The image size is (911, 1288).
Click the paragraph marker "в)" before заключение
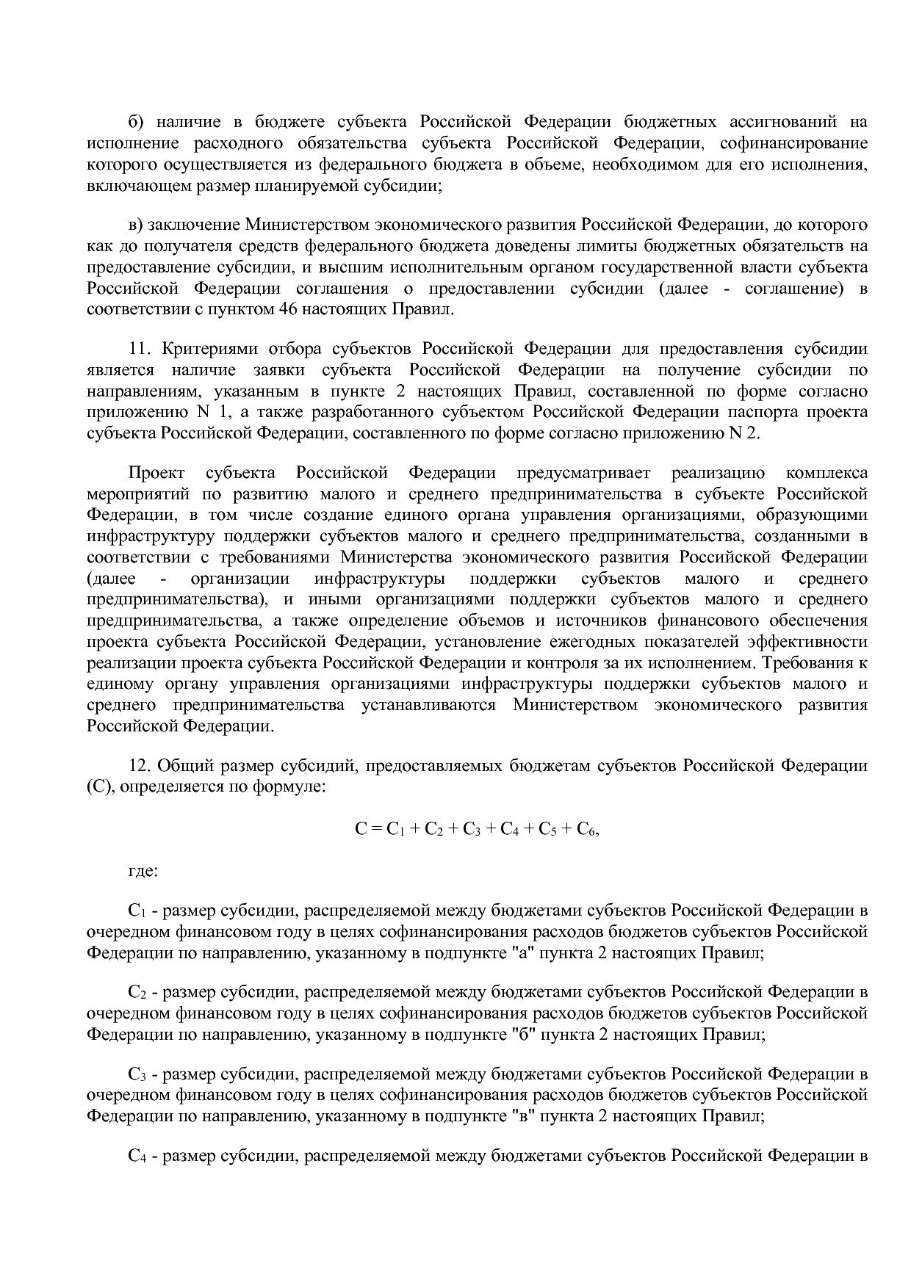[137, 224]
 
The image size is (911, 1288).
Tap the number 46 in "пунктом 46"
[288, 309]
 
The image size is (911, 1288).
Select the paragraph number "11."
[140, 349]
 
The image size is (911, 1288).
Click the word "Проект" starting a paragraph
[155, 473]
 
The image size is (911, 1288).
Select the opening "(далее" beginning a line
[111, 579]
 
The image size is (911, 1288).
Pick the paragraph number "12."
[140, 766]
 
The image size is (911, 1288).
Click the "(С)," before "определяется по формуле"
[101, 787]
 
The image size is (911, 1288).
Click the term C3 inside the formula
[471, 830]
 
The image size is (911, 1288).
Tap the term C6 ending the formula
[586, 830]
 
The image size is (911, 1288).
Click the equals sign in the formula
[374, 830]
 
